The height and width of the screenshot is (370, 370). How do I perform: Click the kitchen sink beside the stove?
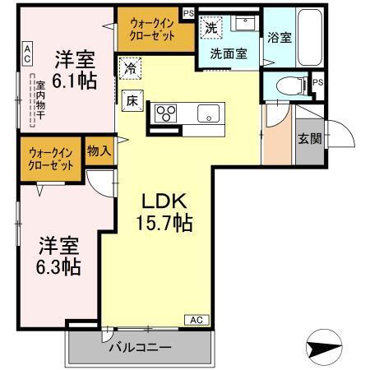[206, 113]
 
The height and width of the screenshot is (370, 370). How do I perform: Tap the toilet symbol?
[284, 84]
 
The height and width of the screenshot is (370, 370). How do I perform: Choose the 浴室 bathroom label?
[279, 37]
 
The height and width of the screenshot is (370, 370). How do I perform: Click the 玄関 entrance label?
[309, 138]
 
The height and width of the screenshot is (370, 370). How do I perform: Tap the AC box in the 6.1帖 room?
[27, 54]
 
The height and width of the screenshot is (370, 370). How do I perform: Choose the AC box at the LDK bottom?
[196, 318]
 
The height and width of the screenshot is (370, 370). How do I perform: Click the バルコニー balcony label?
[141, 347]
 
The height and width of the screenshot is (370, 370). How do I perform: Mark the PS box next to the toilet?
[317, 83]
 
